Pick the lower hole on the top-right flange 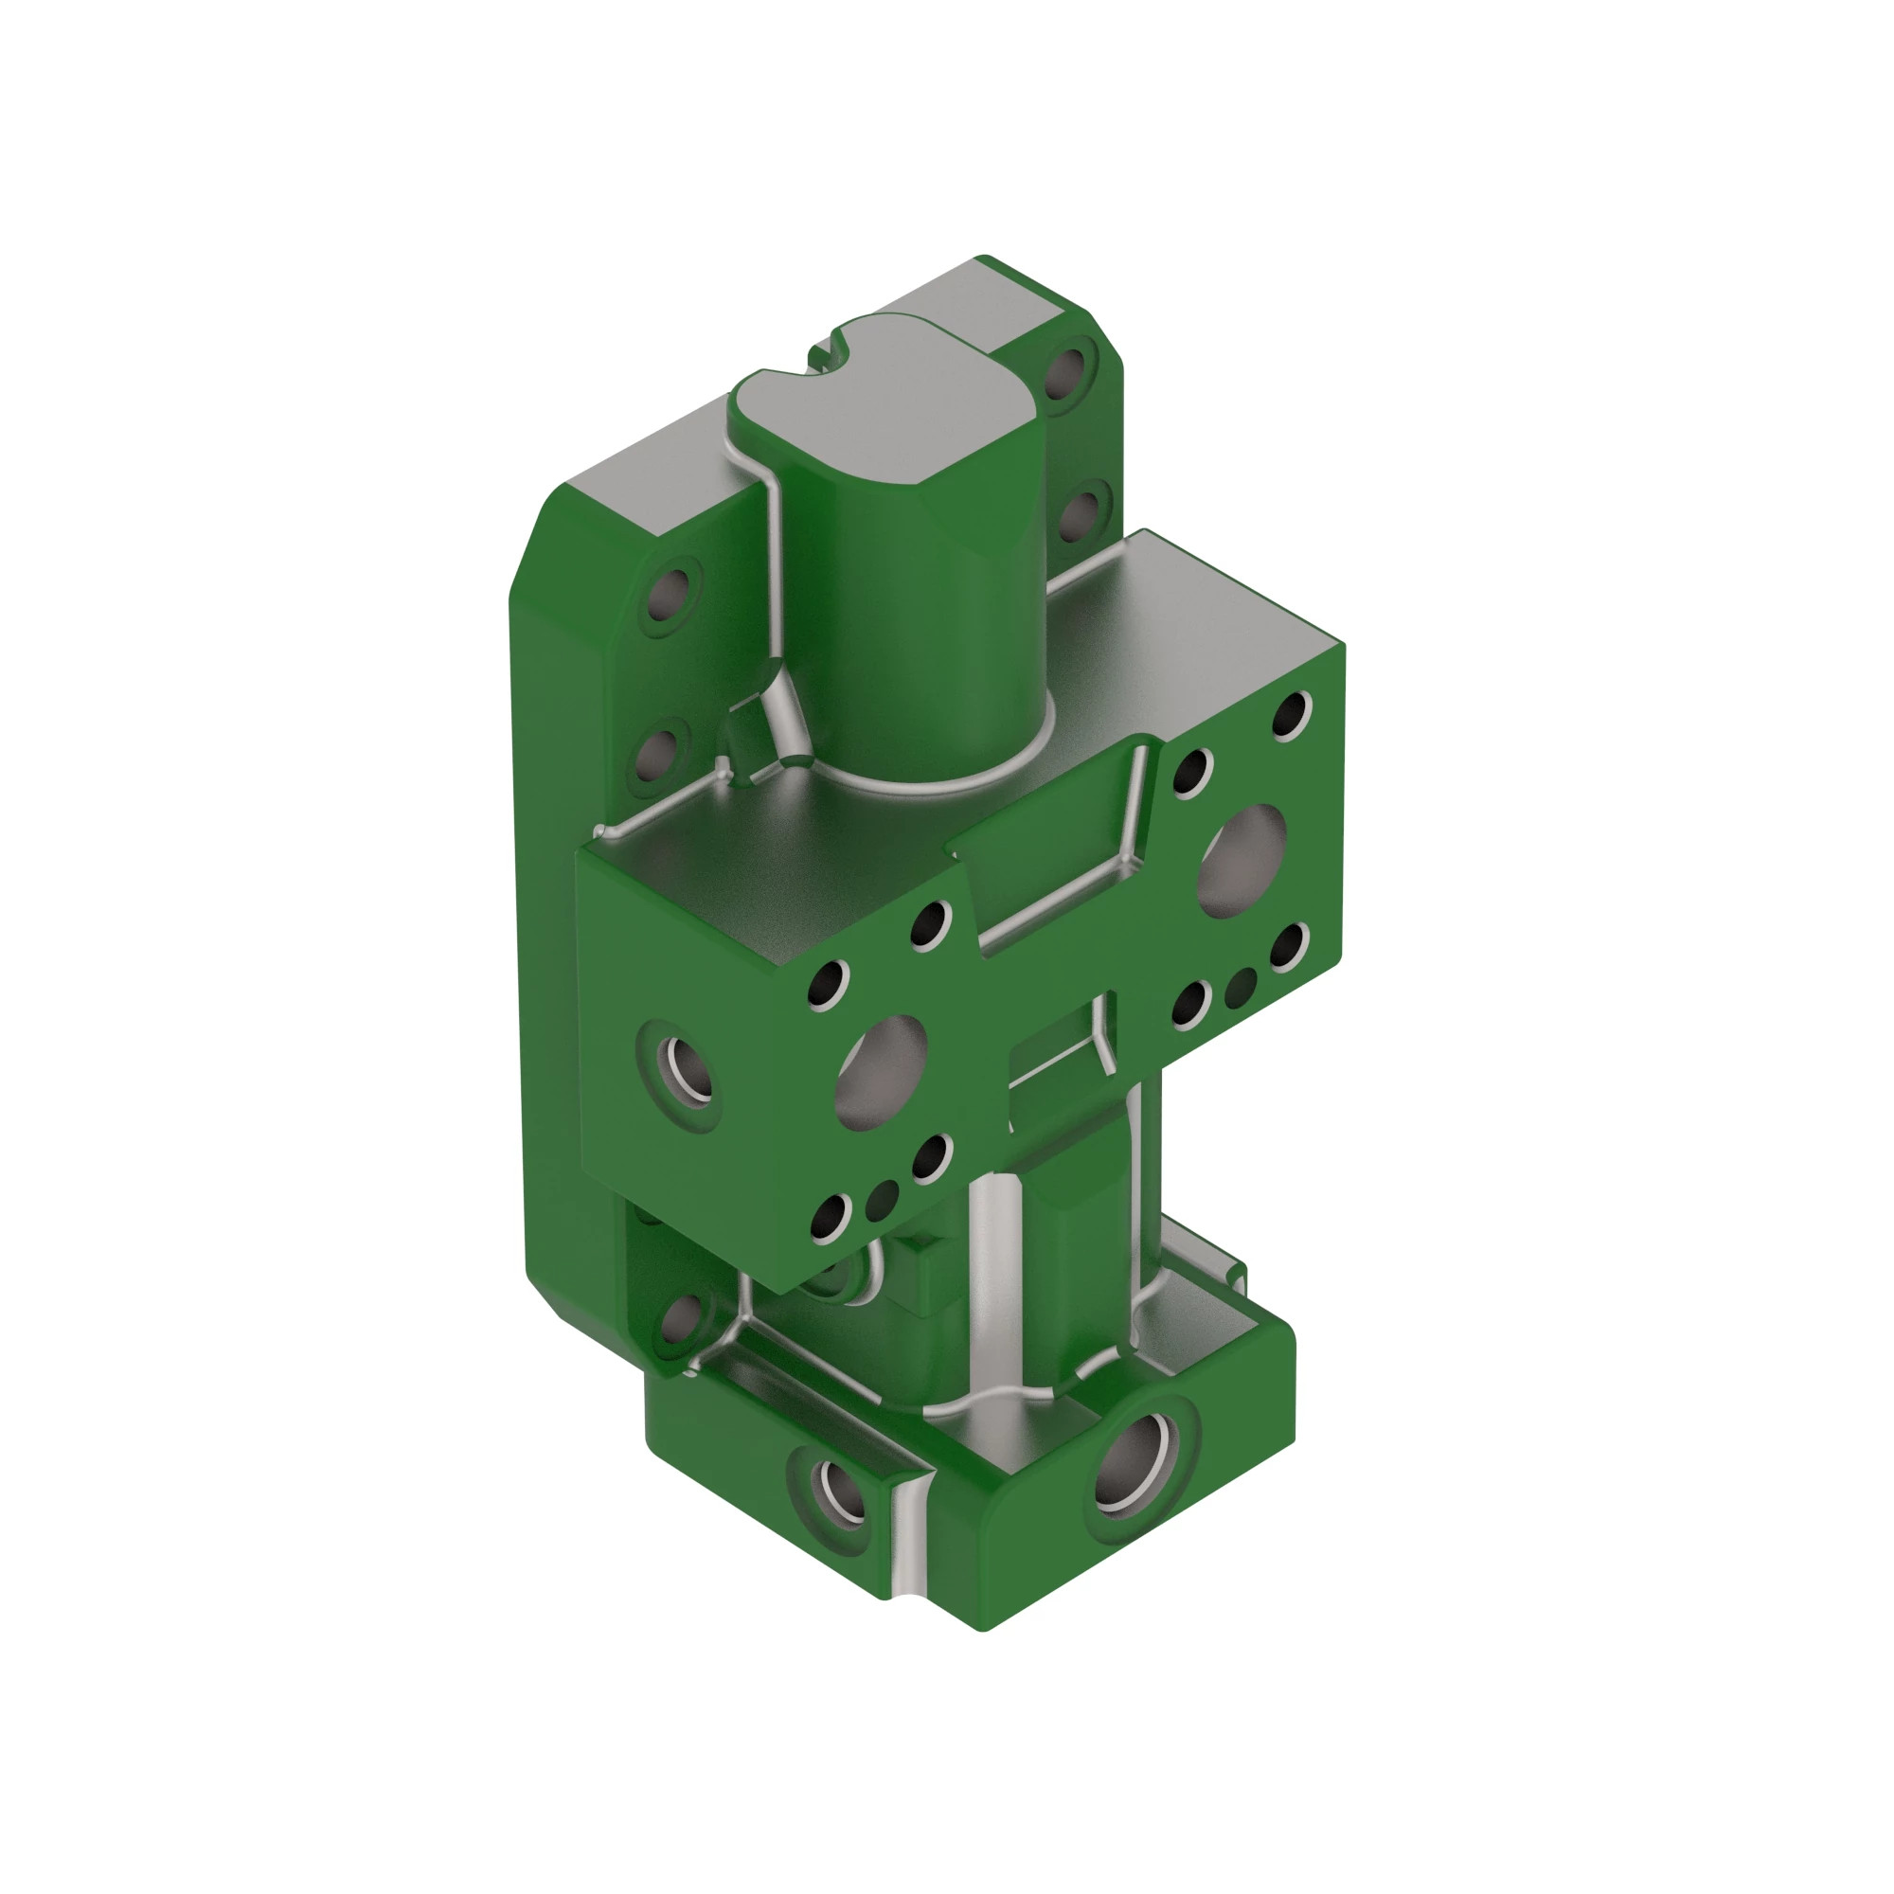pyautogui.click(x=1081, y=512)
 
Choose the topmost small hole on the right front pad pyautogui.click(x=1292, y=716)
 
